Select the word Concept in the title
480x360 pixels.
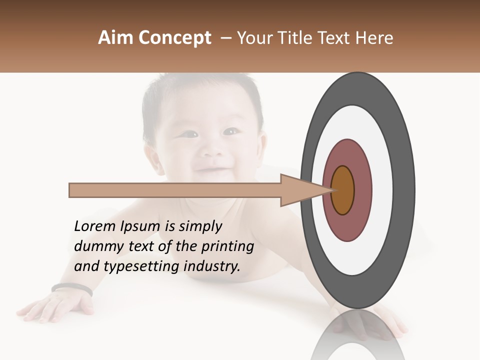coord(174,38)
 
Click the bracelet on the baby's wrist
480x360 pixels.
coord(71,288)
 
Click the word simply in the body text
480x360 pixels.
coord(200,226)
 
